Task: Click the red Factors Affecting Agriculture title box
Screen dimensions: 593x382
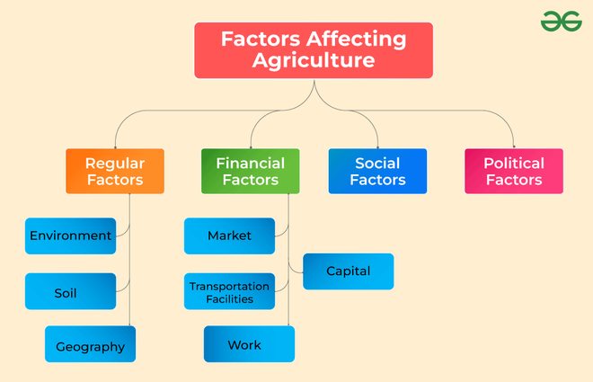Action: (314, 50)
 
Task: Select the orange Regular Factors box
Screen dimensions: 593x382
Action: (115, 171)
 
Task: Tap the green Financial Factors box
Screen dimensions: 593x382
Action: (251, 171)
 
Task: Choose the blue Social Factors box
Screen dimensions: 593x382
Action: (377, 171)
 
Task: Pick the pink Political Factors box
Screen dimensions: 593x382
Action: (514, 171)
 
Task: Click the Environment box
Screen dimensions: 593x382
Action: (71, 236)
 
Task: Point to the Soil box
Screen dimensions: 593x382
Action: (71, 291)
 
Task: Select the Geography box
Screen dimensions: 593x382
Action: (91, 344)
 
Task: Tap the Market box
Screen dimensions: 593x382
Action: (229, 236)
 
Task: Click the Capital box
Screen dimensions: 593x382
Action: (349, 271)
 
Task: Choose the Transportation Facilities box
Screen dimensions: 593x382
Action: (229, 291)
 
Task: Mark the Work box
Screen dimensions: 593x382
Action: (249, 344)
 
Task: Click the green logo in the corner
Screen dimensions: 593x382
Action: (562, 22)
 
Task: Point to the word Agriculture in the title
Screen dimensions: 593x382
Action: (314, 61)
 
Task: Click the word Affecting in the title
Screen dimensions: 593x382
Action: (357, 40)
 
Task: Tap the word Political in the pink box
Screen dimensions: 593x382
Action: (514, 164)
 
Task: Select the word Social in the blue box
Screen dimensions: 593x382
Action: (377, 164)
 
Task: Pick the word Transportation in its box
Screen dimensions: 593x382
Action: (229, 287)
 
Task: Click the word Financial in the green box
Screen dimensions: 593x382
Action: (251, 164)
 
